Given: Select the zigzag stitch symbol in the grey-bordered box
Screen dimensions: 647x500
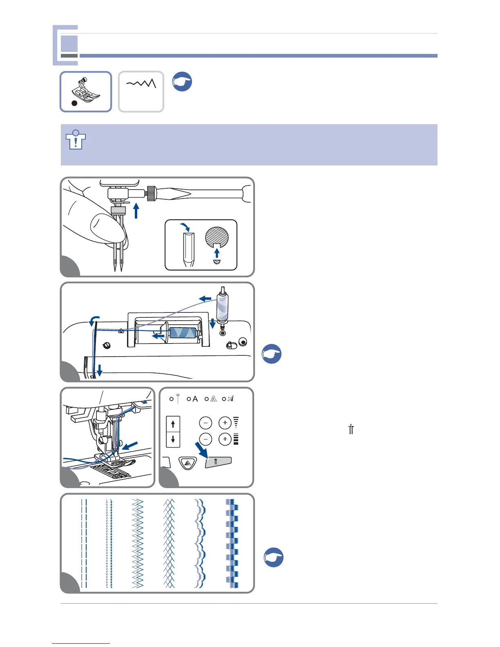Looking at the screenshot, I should click(141, 84).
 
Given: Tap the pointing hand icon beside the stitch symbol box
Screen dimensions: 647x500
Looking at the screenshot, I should click(182, 81).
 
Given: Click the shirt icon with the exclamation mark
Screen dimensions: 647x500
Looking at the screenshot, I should click(76, 140).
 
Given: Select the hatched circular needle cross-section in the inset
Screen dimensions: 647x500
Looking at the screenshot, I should click(217, 237).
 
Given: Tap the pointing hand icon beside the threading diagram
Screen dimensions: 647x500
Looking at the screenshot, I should click(272, 354).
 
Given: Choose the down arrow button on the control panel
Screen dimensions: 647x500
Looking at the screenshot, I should click(173, 440).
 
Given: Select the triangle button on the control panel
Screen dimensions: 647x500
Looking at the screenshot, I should click(188, 464).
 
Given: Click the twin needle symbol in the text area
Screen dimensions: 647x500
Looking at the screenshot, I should click(351, 429).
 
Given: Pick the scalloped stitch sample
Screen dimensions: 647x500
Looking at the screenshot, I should click(200, 543).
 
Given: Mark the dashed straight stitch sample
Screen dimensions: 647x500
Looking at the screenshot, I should click(84, 543).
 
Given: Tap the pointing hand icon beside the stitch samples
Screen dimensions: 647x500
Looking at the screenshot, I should click(273, 557).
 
